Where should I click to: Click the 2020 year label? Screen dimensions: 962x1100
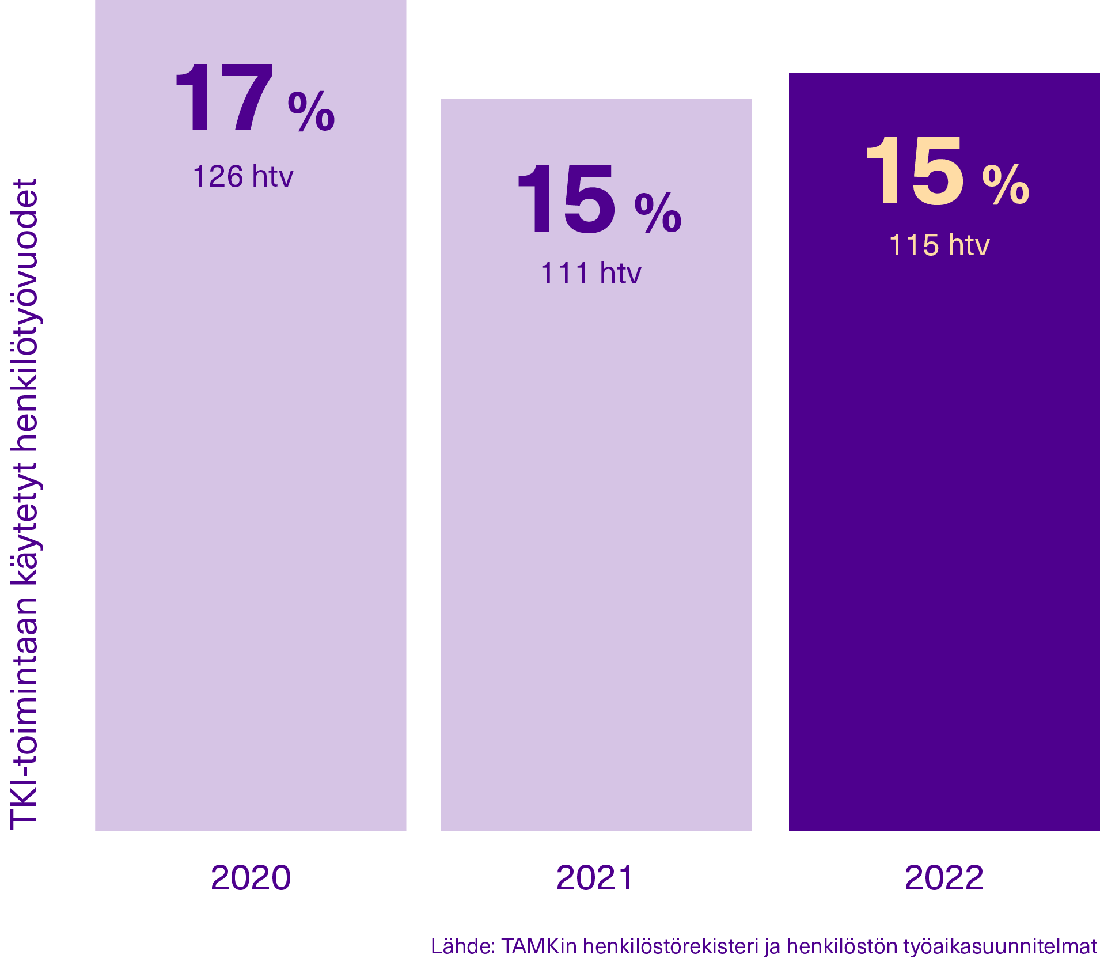pyautogui.click(x=251, y=878)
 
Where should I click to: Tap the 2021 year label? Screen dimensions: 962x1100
pyautogui.click(x=595, y=878)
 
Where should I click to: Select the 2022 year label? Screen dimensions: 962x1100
pyautogui.click(x=944, y=878)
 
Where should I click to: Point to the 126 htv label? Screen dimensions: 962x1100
pyautogui.click(x=243, y=176)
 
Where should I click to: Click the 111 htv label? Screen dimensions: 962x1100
pyautogui.click(x=590, y=273)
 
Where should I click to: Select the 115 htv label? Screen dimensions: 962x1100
pyautogui.click(x=939, y=245)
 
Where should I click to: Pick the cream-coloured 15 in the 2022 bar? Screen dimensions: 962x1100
pyautogui.click(x=914, y=171)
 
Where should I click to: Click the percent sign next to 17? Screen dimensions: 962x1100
pyautogui.click(x=311, y=111)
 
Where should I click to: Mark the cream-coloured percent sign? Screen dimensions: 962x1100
pyautogui.click(x=1006, y=184)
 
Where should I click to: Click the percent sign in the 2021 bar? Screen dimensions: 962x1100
pyautogui.click(x=658, y=213)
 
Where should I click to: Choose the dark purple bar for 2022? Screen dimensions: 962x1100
pyautogui.click(x=944, y=518)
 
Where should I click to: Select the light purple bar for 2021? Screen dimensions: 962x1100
pyautogui.click(x=596, y=518)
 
